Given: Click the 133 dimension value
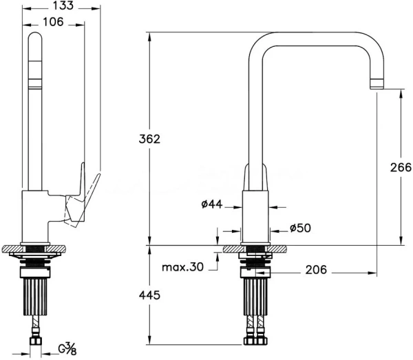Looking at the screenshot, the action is tap(63, 6).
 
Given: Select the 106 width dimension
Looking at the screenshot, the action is tap(53, 22).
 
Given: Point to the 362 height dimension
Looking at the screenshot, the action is tap(149, 139).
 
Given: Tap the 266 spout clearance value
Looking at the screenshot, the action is tap(401, 167).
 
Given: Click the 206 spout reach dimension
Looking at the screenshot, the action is tap(316, 270).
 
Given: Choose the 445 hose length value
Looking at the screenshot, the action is tap(149, 295).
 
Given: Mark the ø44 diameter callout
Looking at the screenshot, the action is tap(212, 204).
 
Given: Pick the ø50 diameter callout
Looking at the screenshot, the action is tap(300, 228).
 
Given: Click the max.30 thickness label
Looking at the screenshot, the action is tap(182, 267).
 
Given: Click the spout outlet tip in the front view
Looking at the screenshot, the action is tap(377, 84).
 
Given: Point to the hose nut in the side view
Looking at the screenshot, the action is tap(36, 341).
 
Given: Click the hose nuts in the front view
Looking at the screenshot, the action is tap(255, 341).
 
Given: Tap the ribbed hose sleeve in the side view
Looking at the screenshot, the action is tap(35, 297).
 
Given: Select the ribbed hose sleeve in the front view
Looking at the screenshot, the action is tap(255, 297).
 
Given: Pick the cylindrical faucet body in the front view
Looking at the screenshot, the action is tap(255, 216).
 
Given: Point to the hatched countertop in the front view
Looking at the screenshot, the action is tap(255, 249).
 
